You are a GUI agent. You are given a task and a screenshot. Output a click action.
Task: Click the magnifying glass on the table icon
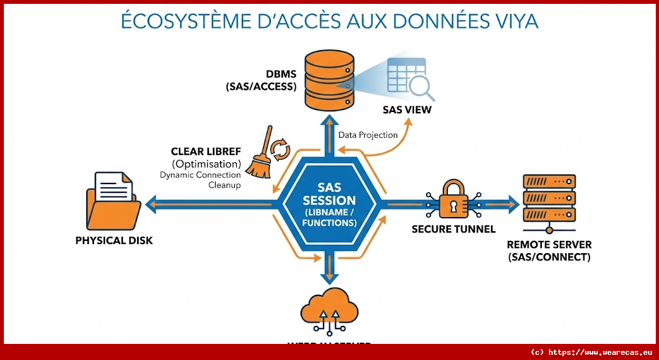coord(421,86)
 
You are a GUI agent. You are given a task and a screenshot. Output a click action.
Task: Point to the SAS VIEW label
coord(407,109)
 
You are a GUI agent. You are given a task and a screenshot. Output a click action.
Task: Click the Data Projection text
coord(368,135)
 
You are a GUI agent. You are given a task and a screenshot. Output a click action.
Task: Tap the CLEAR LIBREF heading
coord(205,152)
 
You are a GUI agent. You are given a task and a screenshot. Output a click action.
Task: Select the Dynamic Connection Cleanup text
coord(200,180)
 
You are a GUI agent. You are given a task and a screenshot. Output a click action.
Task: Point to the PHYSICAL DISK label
coord(114,241)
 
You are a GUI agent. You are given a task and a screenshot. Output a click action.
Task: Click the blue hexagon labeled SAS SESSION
coord(329,204)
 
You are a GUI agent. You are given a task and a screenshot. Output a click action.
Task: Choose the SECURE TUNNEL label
coord(454,229)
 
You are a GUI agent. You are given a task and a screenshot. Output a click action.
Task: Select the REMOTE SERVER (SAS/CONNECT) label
coord(549,251)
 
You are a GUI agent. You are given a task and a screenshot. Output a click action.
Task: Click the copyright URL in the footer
coord(592,352)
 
